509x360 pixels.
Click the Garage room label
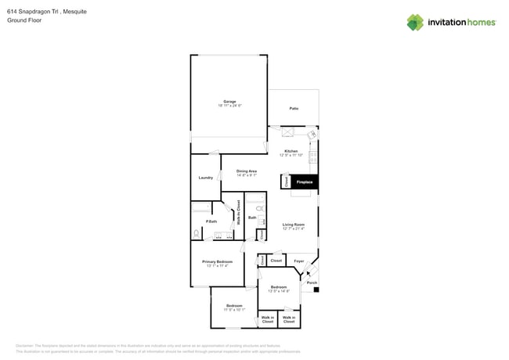229,102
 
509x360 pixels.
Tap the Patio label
294,109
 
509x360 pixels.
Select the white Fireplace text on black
304,182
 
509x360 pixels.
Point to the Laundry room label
206,178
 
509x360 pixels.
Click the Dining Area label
247,171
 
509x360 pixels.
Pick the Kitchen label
291,151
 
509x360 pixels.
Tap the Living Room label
294,225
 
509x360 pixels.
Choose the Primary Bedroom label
217,261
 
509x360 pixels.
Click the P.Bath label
211,221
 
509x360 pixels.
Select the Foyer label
298,261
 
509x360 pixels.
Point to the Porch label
312,283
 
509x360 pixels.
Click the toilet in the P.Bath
197,233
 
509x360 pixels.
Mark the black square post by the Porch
316,290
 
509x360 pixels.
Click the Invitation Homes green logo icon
415,22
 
